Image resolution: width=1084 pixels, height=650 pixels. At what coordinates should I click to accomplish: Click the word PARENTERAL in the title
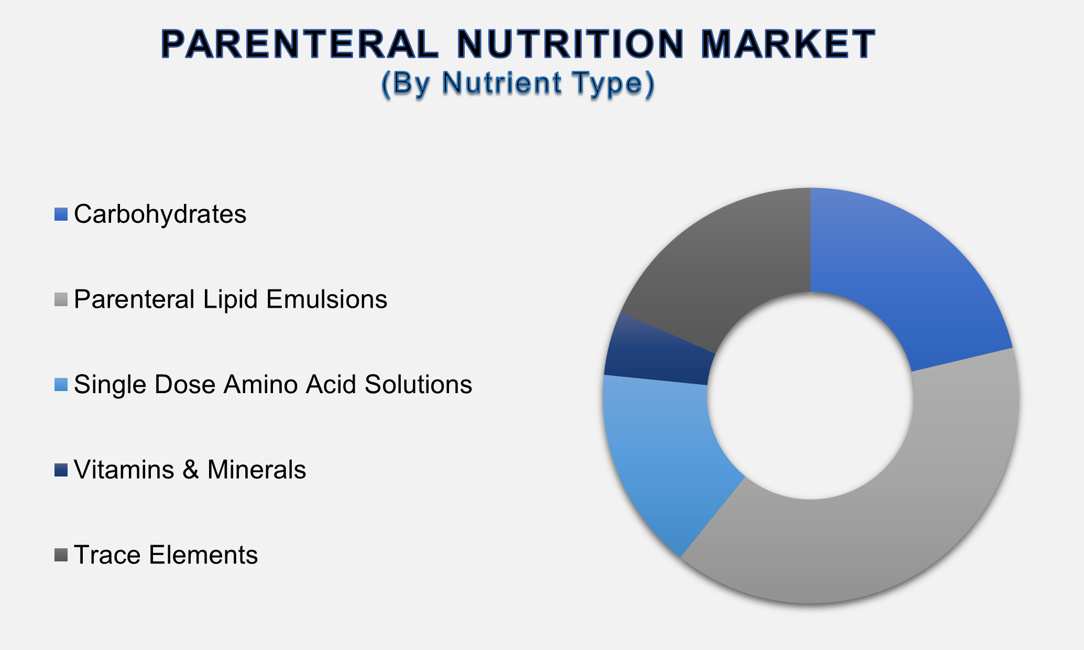[300, 44]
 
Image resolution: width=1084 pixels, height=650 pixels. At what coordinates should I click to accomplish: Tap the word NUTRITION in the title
[572, 44]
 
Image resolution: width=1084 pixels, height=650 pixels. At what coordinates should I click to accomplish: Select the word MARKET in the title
[788, 44]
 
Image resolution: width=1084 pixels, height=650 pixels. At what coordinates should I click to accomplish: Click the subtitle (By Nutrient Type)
[518, 83]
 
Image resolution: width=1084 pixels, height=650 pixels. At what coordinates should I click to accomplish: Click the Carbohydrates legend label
[160, 214]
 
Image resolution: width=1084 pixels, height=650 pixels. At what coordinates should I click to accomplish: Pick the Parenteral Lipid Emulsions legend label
[231, 299]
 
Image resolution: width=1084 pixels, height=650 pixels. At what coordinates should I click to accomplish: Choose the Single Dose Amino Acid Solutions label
[273, 384]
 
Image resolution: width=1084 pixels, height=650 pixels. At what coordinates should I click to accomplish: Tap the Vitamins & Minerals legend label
[190, 470]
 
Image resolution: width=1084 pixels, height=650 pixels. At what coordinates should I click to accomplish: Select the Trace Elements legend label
[166, 555]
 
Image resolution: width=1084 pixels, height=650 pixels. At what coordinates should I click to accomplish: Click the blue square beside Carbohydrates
[61, 214]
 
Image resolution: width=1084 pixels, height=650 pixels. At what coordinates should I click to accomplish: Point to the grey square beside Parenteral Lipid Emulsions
[61, 299]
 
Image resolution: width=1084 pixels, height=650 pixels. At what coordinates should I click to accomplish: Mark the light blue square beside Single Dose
[61, 385]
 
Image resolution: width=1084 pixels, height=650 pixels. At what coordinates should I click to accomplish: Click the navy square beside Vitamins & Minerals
[61, 470]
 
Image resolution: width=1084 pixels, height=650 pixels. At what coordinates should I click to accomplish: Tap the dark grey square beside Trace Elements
[61, 555]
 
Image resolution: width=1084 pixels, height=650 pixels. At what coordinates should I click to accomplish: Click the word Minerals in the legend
[257, 470]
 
